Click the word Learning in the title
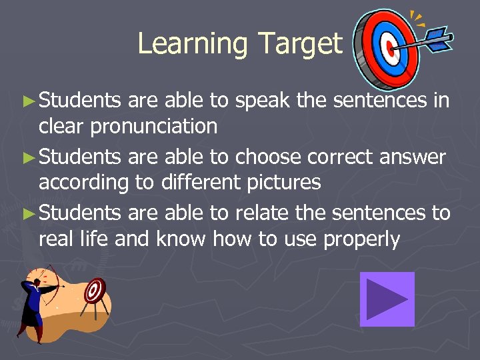point(192,44)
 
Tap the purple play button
point(387,299)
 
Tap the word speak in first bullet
point(262,101)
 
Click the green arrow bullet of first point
point(27,102)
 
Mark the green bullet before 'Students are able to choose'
point(27,157)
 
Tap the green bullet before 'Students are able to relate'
point(27,213)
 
